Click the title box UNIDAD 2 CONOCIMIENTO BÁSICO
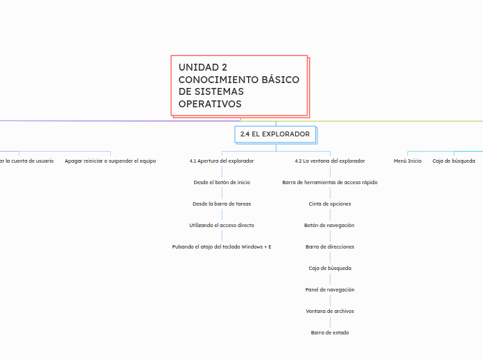point(238,84)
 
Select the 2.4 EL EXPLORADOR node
point(275,134)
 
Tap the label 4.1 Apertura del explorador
point(222,161)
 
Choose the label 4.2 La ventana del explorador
point(330,161)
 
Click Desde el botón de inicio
point(222,182)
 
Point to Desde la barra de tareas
point(222,204)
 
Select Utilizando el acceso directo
point(222,225)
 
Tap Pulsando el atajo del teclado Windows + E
point(222,246)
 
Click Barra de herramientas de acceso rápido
point(330,182)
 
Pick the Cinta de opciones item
point(330,204)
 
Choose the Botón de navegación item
point(330,225)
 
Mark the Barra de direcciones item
point(330,246)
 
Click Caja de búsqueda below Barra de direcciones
point(330,268)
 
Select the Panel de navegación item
point(330,289)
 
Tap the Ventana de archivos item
point(330,311)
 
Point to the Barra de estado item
point(330,332)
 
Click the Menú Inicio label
point(407,161)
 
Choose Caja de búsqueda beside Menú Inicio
point(454,161)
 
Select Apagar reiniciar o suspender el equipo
point(110,161)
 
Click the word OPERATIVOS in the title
point(210,104)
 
